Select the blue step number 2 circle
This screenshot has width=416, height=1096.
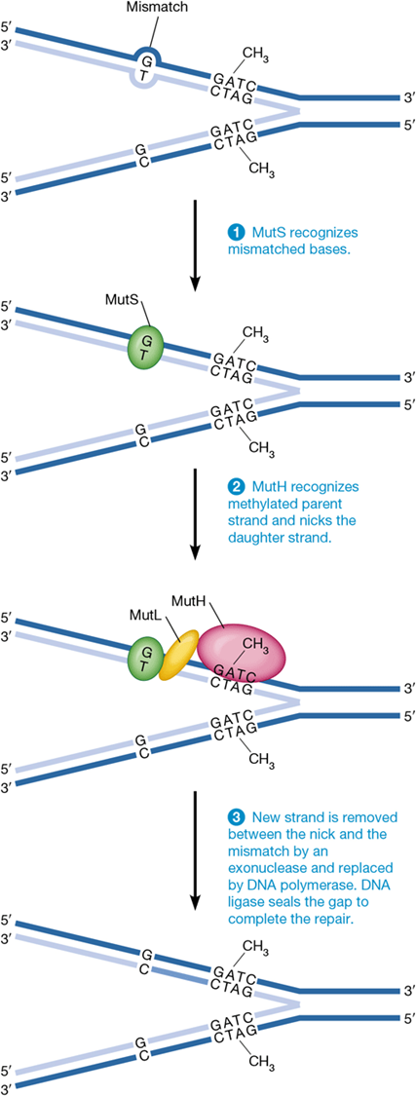point(235,484)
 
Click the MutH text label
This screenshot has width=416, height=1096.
point(190,604)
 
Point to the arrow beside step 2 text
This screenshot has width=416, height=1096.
point(196,512)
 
